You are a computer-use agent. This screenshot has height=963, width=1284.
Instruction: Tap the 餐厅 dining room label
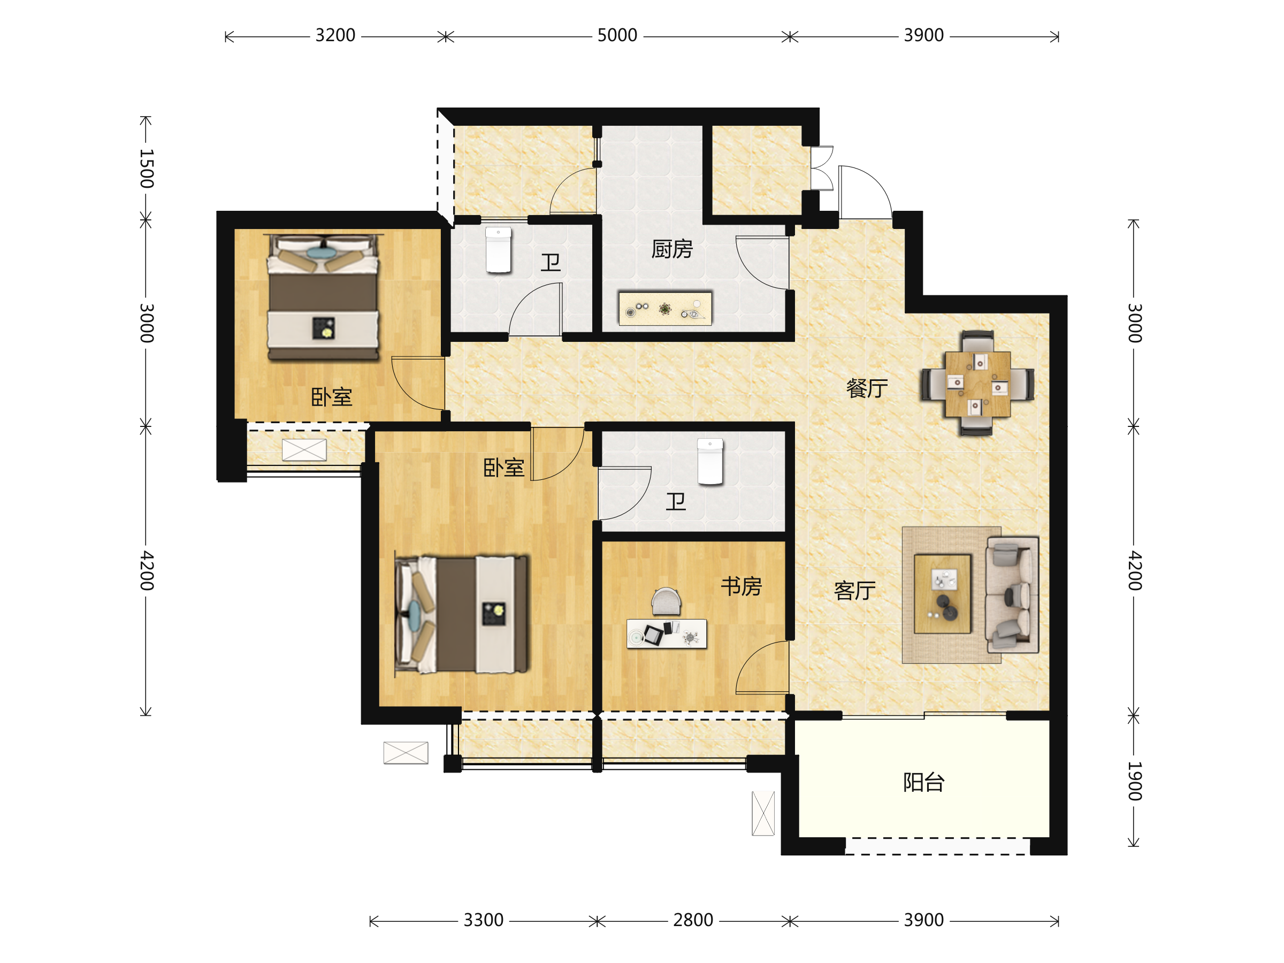[x=867, y=388]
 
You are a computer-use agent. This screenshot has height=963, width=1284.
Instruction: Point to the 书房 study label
[x=742, y=586]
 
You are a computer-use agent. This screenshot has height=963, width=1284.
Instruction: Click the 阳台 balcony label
[x=923, y=783]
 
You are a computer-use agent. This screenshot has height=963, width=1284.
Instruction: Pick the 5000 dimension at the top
[x=617, y=35]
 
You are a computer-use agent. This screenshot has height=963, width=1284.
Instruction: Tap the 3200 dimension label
[x=335, y=35]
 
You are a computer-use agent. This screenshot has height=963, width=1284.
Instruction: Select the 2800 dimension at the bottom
[x=692, y=920]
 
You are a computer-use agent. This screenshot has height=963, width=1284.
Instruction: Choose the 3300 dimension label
[x=483, y=920]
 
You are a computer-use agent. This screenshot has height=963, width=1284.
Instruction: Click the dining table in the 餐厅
[x=977, y=384]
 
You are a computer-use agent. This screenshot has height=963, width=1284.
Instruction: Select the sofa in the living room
[x=1012, y=594]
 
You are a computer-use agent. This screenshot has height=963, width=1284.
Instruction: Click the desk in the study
[x=667, y=633]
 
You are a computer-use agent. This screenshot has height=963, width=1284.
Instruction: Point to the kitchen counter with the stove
[x=664, y=309]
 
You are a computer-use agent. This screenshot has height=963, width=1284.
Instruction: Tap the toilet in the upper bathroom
[x=498, y=250]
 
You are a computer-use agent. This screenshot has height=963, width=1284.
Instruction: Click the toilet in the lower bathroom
[x=710, y=462]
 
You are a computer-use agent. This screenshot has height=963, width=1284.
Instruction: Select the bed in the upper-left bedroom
[x=323, y=297]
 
